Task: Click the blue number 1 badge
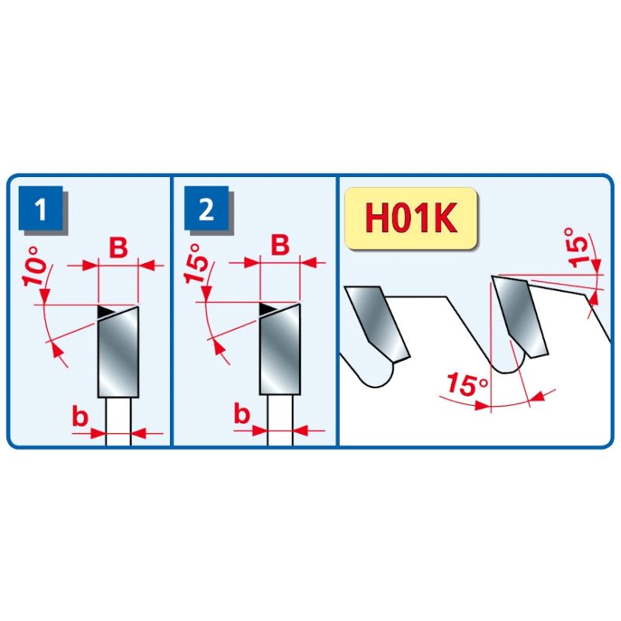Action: [x=41, y=208]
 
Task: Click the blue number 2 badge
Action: [x=206, y=208]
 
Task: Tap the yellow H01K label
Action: [x=411, y=218]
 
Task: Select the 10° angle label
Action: [x=35, y=266]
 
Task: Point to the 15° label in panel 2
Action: [x=196, y=263]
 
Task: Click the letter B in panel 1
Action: [x=119, y=248]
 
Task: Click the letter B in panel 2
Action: [x=280, y=245]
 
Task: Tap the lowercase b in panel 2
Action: [x=242, y=414]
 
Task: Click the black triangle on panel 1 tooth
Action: [x=105, y=311]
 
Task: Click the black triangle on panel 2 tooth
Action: [x=267, y=308]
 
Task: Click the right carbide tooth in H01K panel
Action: [x=519, y=317]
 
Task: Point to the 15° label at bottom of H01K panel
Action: [x=467, y=383]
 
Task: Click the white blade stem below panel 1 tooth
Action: [x=119, y=421]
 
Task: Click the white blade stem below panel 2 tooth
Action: [x=280, y=420]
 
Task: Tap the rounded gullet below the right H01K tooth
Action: [x=508, y=363]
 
